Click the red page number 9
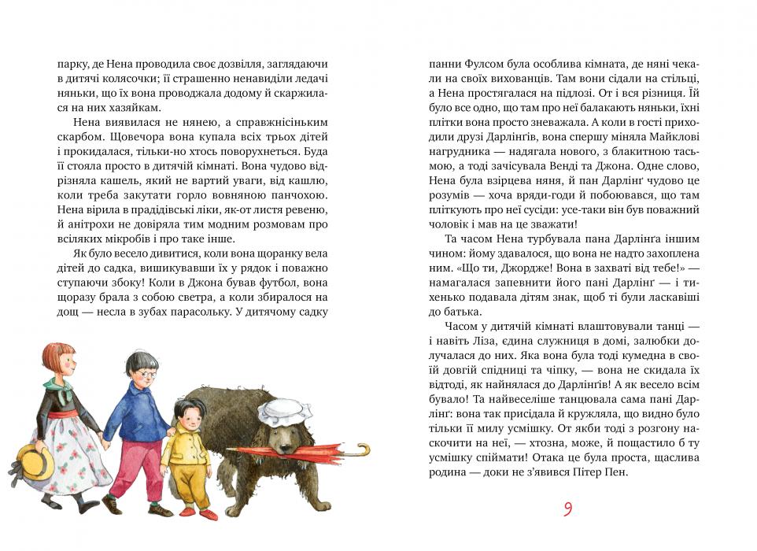point(567,509)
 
